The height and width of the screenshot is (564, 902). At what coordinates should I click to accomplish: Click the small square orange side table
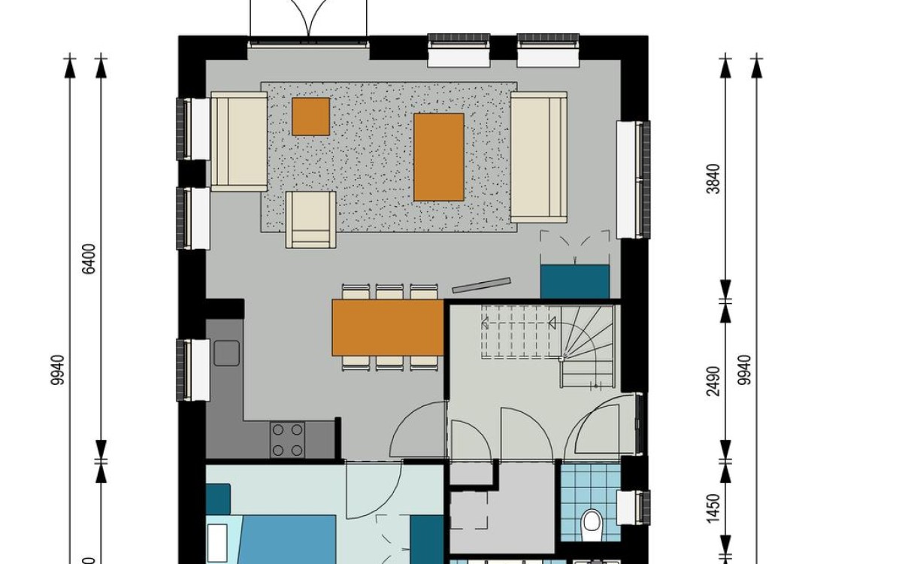click(310, 117)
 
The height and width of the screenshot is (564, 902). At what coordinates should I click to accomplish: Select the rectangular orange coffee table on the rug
click(439, 157)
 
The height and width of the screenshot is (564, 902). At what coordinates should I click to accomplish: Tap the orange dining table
click(388, 327)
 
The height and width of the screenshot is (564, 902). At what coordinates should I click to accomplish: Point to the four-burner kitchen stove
click(287, 440)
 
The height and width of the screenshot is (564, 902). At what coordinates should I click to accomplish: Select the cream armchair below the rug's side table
click(310, 219)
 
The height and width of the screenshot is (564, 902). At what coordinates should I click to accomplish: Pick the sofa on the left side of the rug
click(239, 141)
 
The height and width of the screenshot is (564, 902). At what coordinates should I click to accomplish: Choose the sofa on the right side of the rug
click(539, 157)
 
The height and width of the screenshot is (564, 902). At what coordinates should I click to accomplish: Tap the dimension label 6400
click(89, 259)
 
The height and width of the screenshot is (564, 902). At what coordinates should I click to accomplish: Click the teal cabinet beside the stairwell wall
click(575, 282)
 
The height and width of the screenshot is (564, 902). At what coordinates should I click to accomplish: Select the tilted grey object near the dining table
click(480, 285)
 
